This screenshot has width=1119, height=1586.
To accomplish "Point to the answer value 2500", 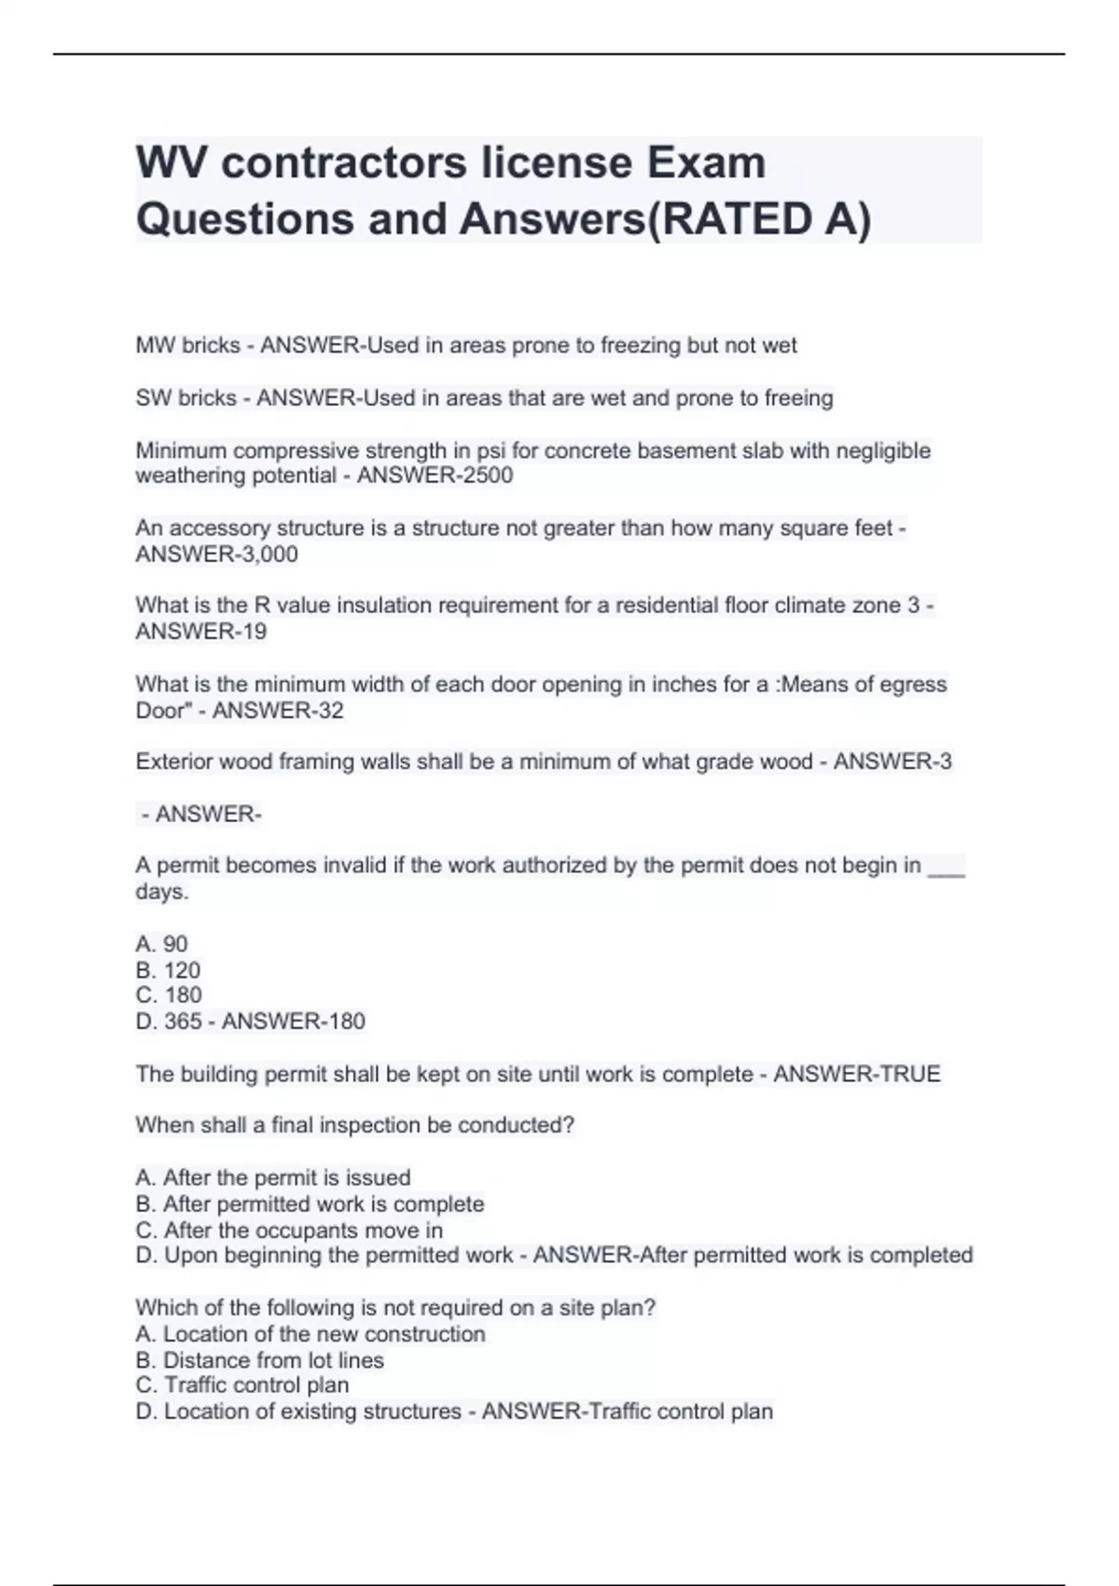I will [x=488, y=476].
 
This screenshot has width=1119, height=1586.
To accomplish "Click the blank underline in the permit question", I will [x=946, y=868].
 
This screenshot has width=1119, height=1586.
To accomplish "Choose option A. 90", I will [x=161, y=944].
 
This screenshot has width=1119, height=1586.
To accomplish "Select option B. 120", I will [x=168, y=970].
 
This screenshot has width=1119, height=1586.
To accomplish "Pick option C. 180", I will [x=168, y=995].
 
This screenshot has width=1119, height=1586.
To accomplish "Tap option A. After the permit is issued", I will [x=272, y=1178].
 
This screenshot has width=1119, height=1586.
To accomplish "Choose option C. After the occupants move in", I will [x=289, y=1231].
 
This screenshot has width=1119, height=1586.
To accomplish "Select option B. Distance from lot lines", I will [x=259, y=1360].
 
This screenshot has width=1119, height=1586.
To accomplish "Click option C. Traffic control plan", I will [x=242, y=1385].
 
